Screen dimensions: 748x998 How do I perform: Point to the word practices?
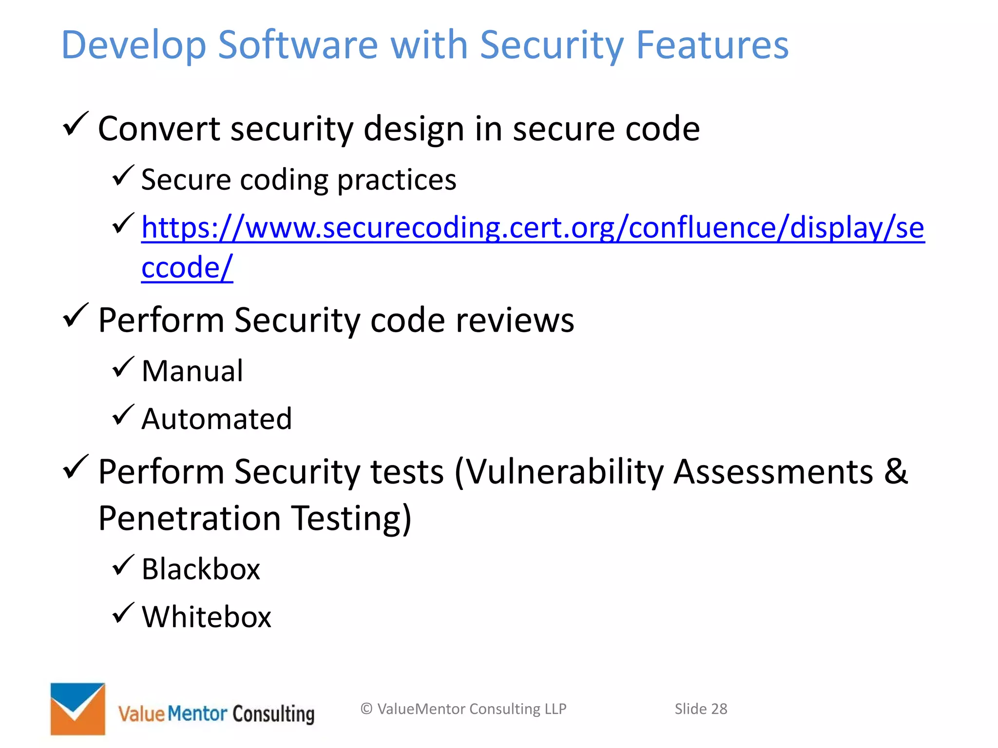397,180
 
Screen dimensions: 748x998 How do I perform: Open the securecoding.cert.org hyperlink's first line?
533,227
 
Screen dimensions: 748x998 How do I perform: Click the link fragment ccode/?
187,267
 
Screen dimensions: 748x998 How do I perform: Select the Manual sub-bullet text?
192,371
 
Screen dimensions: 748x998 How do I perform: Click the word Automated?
217,419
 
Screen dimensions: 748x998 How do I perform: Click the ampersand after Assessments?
896,471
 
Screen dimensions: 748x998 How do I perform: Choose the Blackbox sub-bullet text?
201,569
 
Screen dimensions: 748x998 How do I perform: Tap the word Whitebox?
206,617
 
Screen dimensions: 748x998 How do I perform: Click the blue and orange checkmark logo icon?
77,709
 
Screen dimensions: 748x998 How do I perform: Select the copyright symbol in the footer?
366,709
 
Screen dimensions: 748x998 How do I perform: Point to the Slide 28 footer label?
700,709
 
